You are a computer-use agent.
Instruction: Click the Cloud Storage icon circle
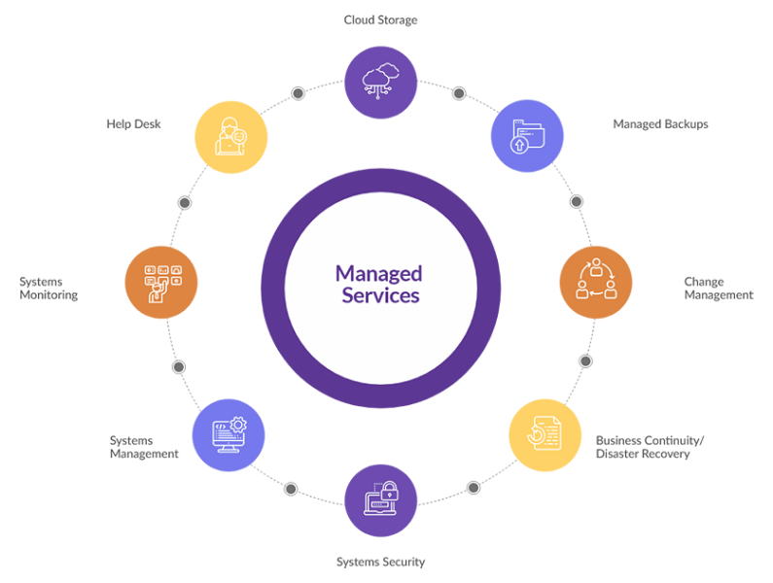tap(380, 83)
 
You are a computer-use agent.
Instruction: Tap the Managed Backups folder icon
tap(528, 136)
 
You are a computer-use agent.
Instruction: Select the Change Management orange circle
tap(596, 282)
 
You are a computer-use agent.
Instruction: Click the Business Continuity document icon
tap(545, 433)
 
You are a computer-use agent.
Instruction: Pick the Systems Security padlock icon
tap(390, 491)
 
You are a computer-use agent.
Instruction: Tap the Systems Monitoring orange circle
tap(161, 282)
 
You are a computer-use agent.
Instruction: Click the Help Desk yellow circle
tap(231, 137)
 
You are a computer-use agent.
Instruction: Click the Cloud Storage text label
tap(380, 20)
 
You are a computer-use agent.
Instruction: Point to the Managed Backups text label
tap(660, 124)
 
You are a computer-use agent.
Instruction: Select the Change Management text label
tap(719, 289)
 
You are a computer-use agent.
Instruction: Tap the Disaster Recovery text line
tap(643, 454)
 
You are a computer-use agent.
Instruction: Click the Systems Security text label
tap(380, 562)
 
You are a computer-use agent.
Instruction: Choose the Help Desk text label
tap(133, 124)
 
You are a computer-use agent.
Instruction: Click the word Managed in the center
tap(378, 274)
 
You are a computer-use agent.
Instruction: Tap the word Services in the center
tap(380, 295)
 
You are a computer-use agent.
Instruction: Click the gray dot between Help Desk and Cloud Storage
tap(298, 93)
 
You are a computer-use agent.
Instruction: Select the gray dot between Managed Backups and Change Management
tap(577, 201)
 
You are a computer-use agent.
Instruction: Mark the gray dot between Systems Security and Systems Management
tap(291, 489)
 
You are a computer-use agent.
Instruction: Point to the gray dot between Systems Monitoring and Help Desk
tap(185, 202)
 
